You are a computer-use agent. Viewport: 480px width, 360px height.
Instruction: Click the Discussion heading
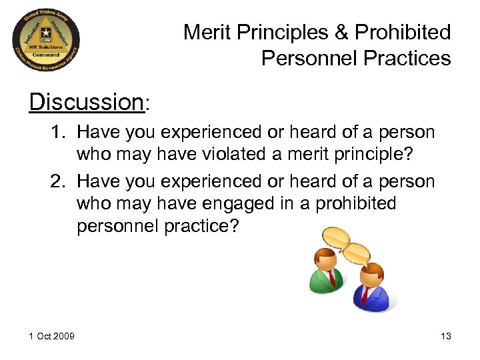(x=86, y=102)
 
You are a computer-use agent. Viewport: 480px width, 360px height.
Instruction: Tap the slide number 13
(x=445, y=336)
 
